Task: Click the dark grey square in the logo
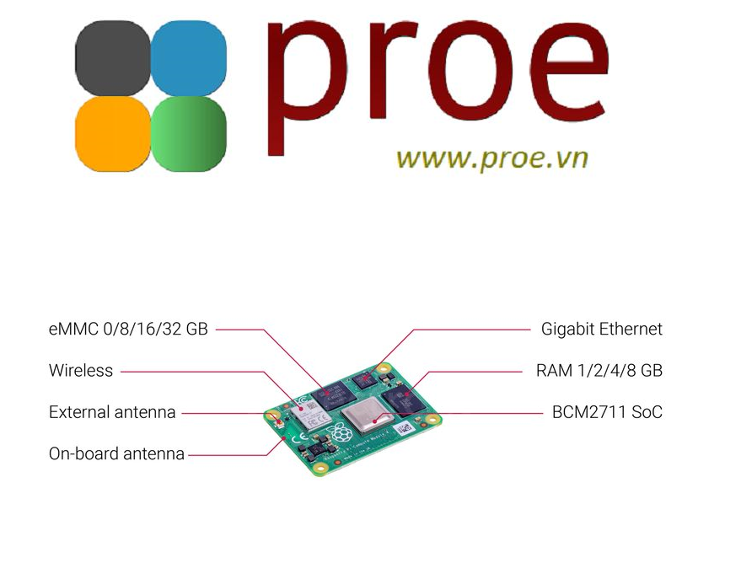point(111,57)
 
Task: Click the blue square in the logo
point(188,57)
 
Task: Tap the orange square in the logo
point(111,133)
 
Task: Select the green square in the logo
point(188,133)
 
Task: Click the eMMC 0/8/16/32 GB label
point(128,329)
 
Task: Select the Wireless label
point(81,370)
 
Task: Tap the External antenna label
point(112,412)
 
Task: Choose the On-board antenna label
point(116,453)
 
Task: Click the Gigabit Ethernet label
point(602,329)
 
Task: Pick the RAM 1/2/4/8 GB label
point(599,370)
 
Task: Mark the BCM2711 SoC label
point(607,412)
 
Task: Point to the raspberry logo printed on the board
point(341,436)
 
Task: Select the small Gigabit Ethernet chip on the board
point(363,381)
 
